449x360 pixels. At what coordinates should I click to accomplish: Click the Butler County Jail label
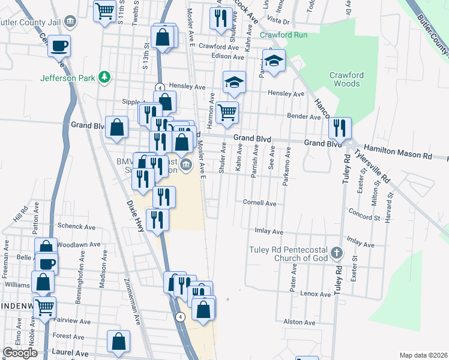(x=30, y=22)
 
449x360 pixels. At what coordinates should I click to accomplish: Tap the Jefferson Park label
(x=67, y=77)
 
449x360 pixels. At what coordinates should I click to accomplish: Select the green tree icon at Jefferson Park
(x=105, y=77)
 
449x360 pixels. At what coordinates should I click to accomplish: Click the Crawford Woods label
(x=345, y=79)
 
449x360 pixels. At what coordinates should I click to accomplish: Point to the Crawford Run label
(x=283, y=35)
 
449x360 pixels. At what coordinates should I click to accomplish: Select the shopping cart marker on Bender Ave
(x=227, y=112)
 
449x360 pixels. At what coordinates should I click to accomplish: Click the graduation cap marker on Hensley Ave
(x=235, y=82)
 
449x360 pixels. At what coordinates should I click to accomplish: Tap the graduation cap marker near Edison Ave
(x=274, y=61)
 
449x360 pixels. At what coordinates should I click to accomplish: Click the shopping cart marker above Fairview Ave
(x=45, y=307)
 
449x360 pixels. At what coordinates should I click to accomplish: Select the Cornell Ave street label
(x=259, y=203)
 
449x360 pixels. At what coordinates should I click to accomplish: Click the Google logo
(x=20, y=353)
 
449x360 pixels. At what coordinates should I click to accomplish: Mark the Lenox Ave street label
(x=316, y=295)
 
